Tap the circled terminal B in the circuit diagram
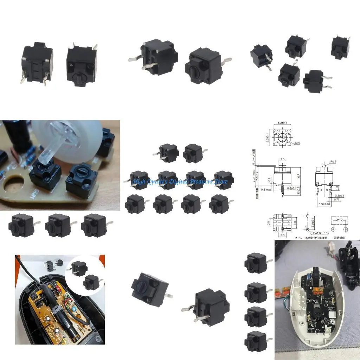click(x=346, y=230)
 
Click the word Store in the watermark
click(x=220, y=182)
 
